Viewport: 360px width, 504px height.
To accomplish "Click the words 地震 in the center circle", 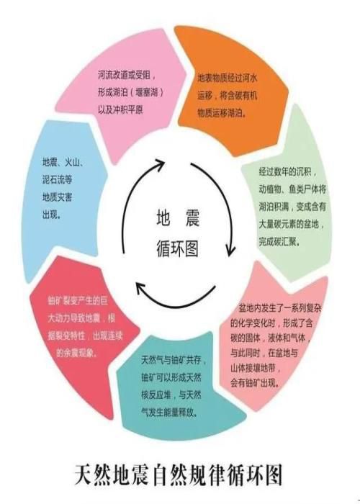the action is (178, 218).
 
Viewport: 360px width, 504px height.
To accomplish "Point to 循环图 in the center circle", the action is (178, 248).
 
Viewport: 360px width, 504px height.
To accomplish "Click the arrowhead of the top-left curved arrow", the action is (159, 164).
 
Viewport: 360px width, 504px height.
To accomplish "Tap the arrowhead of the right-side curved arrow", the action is (230, 251).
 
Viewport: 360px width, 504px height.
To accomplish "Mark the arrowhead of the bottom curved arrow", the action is (140, 288).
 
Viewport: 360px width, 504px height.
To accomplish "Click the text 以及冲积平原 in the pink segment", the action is (120, 110).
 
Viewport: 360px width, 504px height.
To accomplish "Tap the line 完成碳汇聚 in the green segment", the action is (279, 241).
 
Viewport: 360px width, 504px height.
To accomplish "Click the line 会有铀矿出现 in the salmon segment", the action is (255, 383).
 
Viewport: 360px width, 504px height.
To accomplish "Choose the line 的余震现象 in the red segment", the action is (77, 353).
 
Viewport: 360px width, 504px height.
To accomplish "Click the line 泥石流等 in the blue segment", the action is (57, 179).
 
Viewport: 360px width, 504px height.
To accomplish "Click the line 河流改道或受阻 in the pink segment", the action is (127, 75).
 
